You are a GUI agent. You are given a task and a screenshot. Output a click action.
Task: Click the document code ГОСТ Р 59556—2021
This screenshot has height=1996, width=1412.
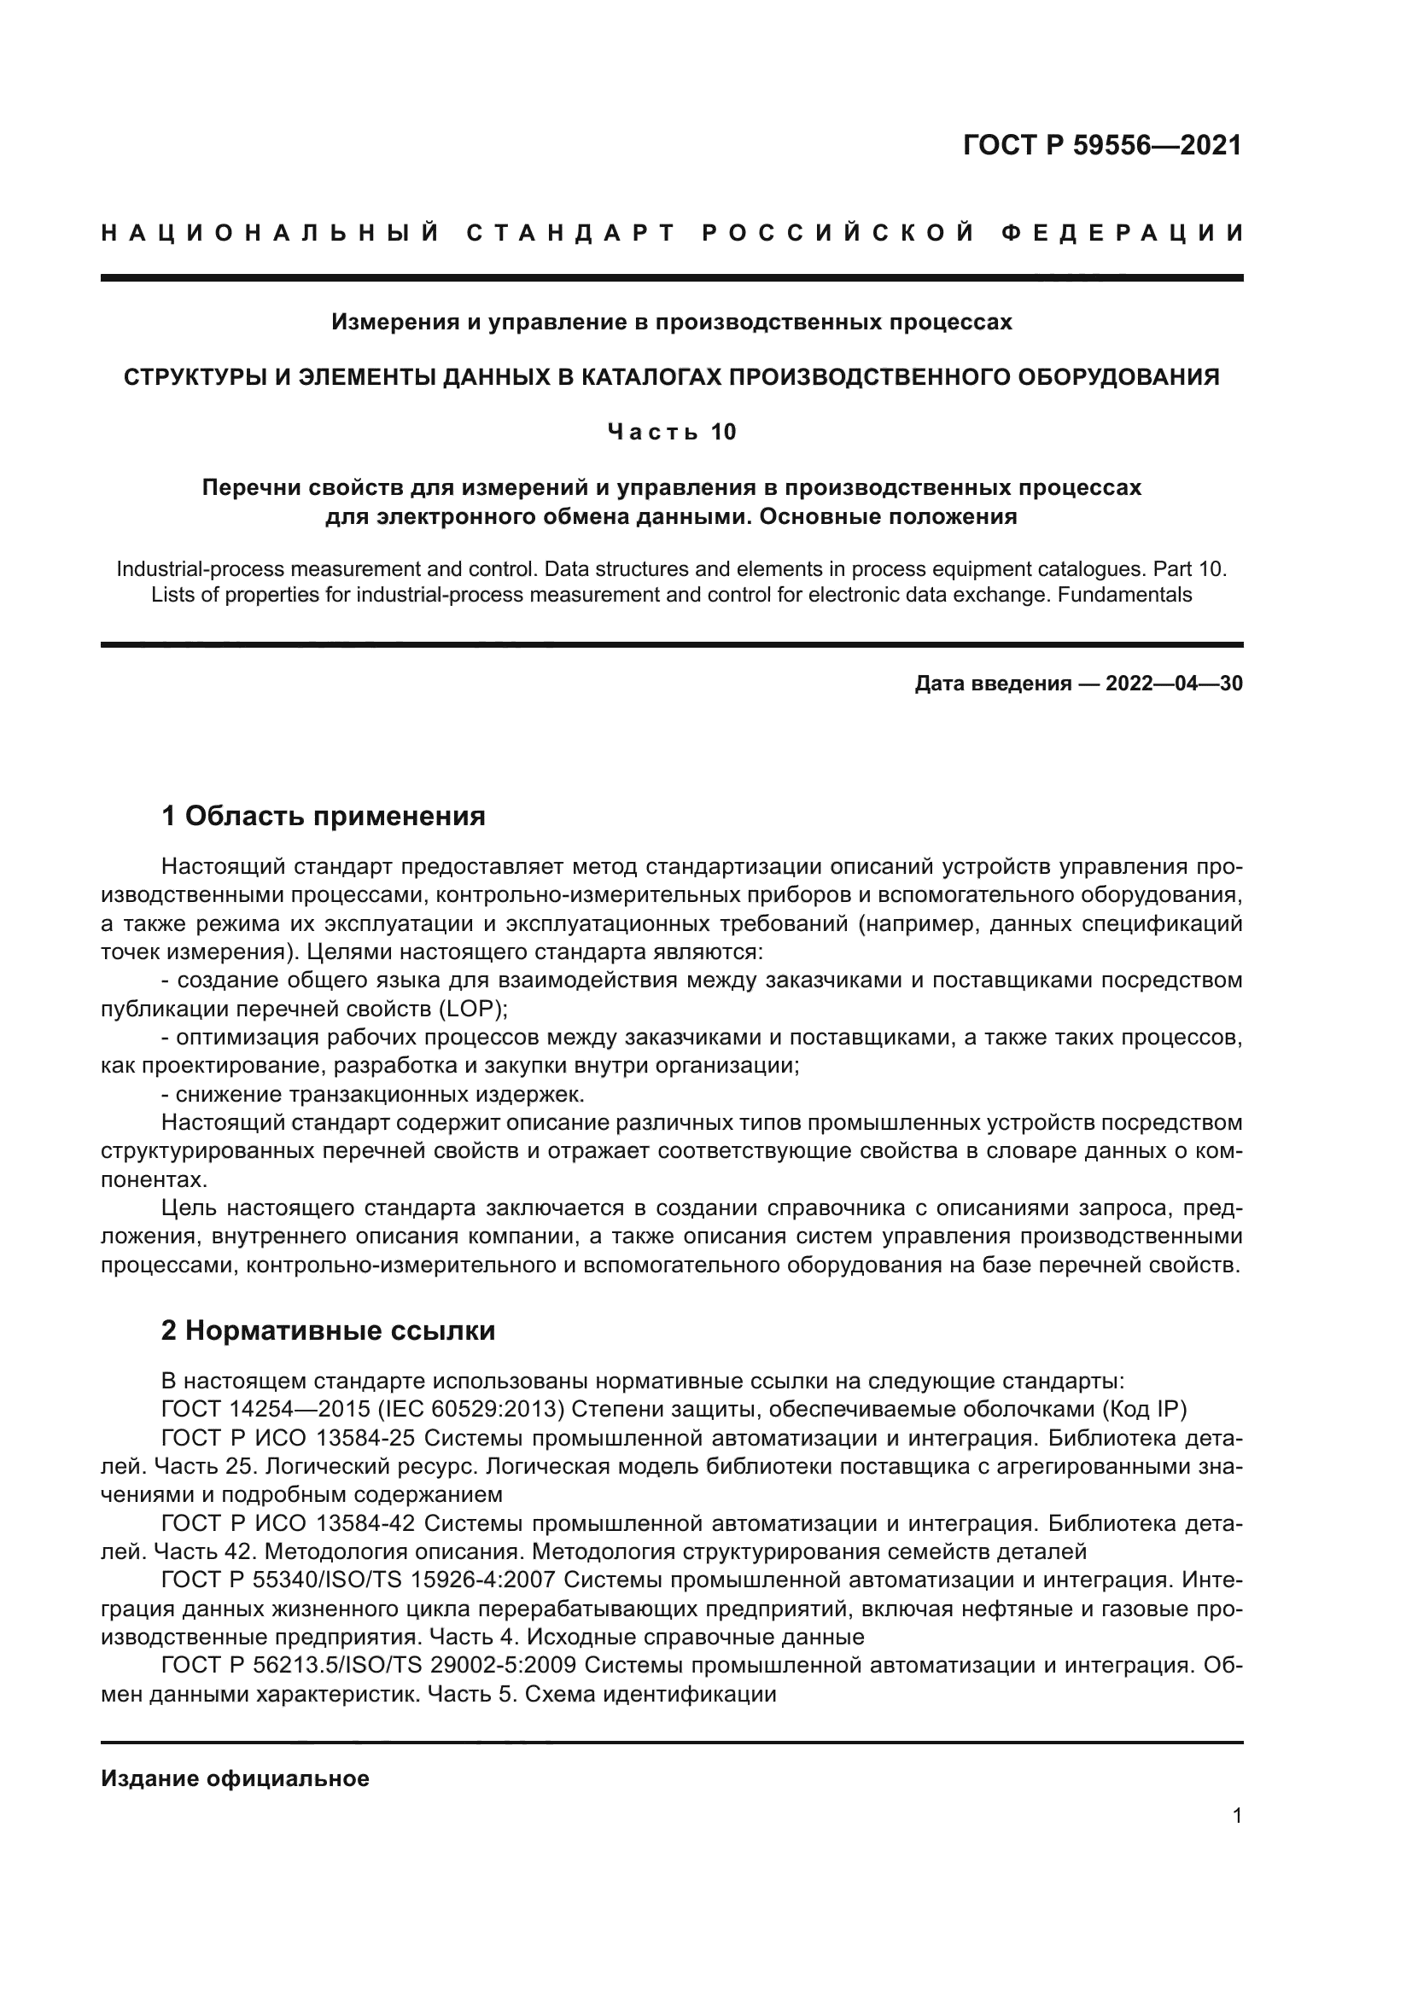[1101, 145]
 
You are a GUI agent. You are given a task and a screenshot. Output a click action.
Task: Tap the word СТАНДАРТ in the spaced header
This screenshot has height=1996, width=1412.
[570, 233]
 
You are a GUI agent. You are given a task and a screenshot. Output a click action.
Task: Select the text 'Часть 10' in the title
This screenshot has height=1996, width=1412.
[671, 432]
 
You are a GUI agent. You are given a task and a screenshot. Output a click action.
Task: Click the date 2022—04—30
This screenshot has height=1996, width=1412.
[1174, 684]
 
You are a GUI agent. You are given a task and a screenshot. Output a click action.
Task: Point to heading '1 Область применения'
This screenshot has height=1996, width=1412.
[323, 817]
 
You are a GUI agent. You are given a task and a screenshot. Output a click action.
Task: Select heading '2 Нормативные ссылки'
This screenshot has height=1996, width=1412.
[328, 1331]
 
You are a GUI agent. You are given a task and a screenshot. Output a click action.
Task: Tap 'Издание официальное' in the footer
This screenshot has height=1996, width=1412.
[235, 1778]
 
